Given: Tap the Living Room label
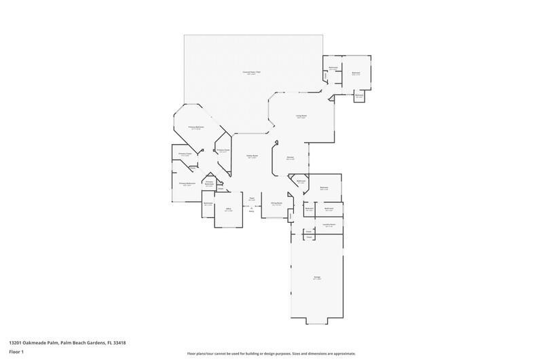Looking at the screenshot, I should click(301, 116).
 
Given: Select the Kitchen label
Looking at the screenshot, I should click(290, 157).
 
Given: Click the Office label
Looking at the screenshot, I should click(229, 209).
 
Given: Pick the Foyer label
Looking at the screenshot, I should click(251, 198).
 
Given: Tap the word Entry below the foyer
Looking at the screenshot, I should click(251, 212).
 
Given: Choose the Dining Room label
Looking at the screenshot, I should click(276, 203).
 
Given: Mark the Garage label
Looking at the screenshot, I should click(317, 277).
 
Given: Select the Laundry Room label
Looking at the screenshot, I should click(329, 224).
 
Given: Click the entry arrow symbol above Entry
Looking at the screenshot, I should click(251, 207).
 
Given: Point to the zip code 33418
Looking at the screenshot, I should click(119, 342).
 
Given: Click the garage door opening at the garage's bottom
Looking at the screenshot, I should click(317, 321).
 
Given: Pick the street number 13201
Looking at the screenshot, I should click(15, 342).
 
